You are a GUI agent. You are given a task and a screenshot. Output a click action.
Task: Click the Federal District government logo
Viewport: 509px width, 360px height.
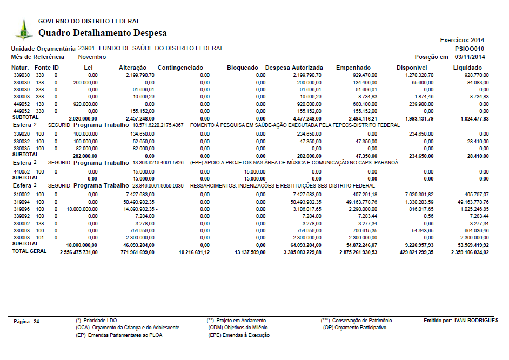(x=23, y=29)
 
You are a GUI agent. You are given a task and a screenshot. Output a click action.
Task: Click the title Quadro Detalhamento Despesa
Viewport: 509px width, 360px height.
(x=102, y=33)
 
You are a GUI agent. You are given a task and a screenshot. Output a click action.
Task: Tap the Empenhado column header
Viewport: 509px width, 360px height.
(x=353, y=68)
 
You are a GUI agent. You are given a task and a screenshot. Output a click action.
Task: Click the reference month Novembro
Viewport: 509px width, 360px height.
(x=92, y=57)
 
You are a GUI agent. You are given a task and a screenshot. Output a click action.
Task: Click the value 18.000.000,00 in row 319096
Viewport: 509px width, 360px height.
(x=82, y=208)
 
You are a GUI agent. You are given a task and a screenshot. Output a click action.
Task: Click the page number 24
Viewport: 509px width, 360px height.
(x=36, y=321)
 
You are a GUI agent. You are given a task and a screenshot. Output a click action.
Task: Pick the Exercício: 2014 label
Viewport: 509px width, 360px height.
(x=463, y=40)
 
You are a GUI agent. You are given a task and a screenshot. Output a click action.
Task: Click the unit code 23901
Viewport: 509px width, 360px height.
(x=86, y=48)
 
